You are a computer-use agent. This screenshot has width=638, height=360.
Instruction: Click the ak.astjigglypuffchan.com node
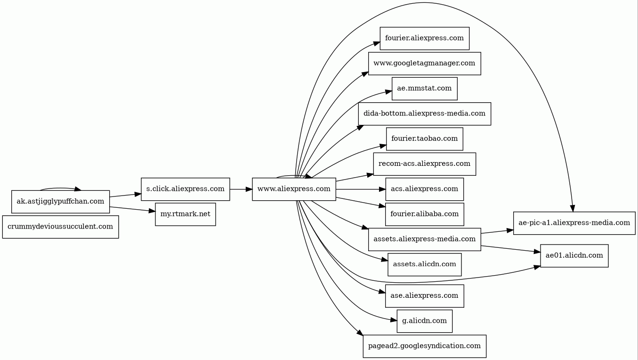pos(60,202)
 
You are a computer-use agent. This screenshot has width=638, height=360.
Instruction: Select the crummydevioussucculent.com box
pos(60,227)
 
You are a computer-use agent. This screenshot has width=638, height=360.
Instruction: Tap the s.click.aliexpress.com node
pos(185,189)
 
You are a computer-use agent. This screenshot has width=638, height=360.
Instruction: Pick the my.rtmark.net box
pos(185,214)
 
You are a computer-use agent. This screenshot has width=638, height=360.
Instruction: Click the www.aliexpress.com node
pos(294,189)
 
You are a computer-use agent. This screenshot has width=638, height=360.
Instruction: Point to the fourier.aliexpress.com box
pos(424,38)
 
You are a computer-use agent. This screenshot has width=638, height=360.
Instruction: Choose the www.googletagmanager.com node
pos(424,63)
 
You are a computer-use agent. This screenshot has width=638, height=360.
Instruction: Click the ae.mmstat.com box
pos(424,89)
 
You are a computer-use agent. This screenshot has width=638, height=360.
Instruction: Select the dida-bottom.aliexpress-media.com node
pos(424,114)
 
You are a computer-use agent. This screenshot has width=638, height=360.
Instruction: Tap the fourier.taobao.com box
pos(424,139)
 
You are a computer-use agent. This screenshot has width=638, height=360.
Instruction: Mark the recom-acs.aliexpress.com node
pos(424,164)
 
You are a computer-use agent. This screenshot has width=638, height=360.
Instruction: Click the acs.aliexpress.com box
pos(424,189)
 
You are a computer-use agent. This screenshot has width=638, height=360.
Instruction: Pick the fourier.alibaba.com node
pos(424,214)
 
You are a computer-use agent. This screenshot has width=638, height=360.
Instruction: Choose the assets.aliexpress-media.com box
pos(424,239)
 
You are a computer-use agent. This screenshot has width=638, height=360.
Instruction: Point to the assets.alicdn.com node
pos(424,264)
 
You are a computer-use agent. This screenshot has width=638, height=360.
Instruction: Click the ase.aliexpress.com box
pos(424,296)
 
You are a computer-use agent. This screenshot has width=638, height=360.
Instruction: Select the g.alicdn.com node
pos(424,321)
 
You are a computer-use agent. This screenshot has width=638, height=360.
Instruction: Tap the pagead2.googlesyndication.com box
pos(424,346)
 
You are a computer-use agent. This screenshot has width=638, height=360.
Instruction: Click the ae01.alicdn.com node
pos(574,256)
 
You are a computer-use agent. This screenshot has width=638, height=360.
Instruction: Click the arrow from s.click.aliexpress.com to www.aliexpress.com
pos(241,189)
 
